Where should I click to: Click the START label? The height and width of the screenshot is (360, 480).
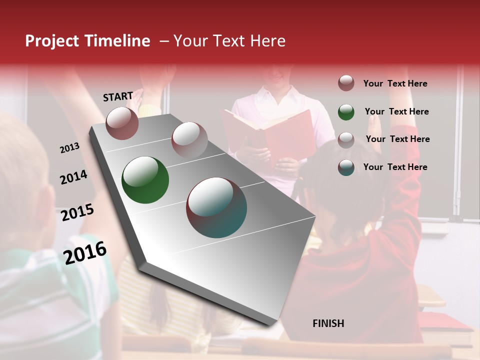coord(118,96)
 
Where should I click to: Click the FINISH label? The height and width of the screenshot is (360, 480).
coord(328,323)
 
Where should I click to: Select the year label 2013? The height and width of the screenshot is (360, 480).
coord(70,148)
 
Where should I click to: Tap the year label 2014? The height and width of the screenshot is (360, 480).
coord(73,177)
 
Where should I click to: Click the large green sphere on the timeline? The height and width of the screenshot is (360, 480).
coord(145,180)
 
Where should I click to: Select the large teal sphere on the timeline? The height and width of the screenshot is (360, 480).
coord(216,207)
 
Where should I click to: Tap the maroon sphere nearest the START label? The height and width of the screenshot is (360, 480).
coord(122,123)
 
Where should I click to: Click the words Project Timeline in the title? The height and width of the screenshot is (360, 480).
coord(87,41)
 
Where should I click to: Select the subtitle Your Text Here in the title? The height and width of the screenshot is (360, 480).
coord(229,41)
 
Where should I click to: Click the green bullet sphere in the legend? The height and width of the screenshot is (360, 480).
coord(346,112)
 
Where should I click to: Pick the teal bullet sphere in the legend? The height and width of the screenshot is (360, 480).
coord(346,167)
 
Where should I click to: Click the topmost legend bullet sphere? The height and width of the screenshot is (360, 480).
coord(346,83)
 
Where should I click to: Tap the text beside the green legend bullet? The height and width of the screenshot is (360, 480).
coord(396,111)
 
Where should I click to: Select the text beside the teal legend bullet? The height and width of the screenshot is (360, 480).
coord(395,167)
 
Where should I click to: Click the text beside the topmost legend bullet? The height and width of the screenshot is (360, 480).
coord(395,83)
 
